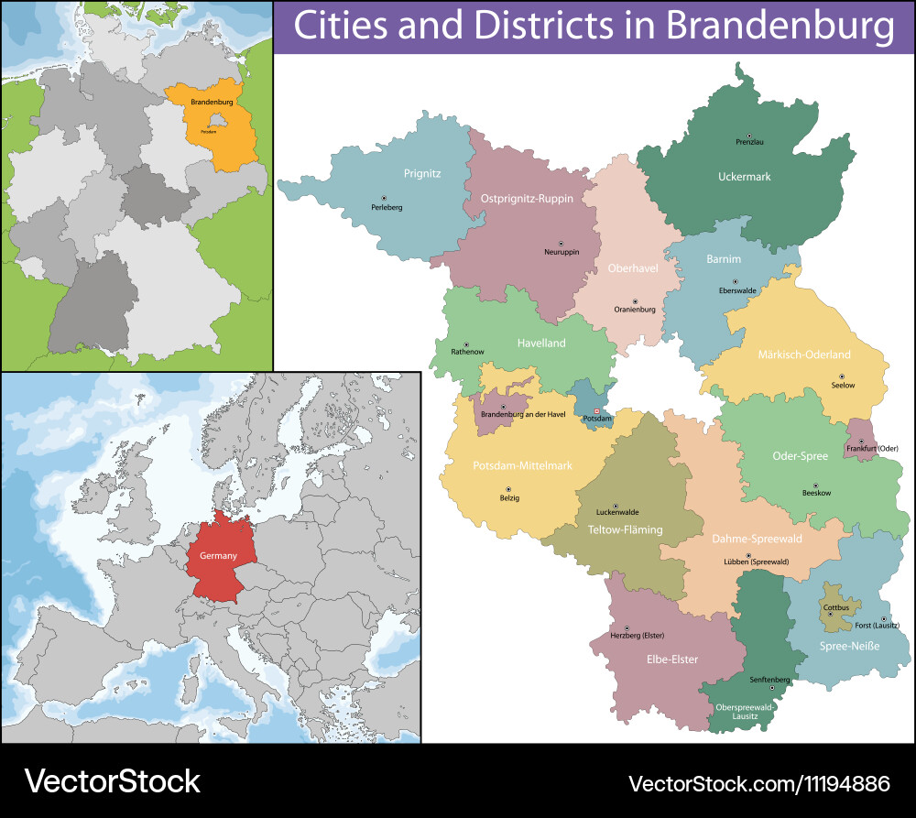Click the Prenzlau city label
[x=749, y=142]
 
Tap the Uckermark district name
[x=744, y=177]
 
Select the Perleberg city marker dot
[x=384, y=198]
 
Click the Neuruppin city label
[x=562, y=252]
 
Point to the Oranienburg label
[x=634, y=310]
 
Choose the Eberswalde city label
[x=735, y=290]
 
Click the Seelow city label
[x=843, y=386]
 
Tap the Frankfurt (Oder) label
[x=872, y=448]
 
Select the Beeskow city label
[x=816, y=493]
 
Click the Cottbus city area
[x=835, y=607]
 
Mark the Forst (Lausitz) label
[x=877, y=626]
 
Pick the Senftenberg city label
[x=769, y=680]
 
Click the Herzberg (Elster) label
[x=637, y=635]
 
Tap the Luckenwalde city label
[x=616, y=512]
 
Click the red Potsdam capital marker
[x=597, y=411]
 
